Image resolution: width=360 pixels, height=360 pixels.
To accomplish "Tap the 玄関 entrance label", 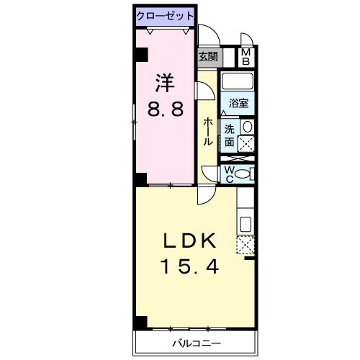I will coord(207,56).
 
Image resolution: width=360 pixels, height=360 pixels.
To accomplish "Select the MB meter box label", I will coord(246,56).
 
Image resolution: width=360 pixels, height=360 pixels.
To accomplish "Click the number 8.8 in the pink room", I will coord(165,109).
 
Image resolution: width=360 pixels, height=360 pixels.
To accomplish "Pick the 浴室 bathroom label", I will coord(239,103).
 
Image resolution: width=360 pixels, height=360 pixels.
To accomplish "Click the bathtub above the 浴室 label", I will coord(236,81).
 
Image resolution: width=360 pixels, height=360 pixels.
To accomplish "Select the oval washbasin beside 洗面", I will coord(247,127).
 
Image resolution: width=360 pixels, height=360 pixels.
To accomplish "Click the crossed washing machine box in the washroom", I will coord(247,144).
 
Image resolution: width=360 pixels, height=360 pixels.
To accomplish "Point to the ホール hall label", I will coord(208,132).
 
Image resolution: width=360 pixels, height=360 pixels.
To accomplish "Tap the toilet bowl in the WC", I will coord(244,173).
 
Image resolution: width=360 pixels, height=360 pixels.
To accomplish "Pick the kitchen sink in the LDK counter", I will coord(245,223).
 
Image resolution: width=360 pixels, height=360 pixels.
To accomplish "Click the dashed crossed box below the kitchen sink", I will coord(245,246).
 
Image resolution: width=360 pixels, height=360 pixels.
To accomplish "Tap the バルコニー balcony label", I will coord(196,343).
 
